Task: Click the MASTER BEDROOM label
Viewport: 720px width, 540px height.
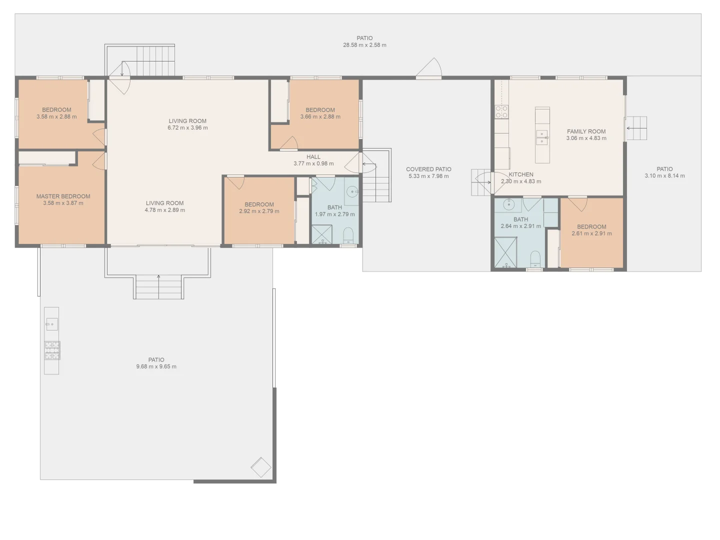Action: click(x=63, y=196)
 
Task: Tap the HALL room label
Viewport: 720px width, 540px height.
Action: click(x=313, y=157)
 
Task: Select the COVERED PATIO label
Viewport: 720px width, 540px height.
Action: click(x=428, y=169)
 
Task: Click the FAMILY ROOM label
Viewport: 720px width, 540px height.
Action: click(x=586, y=131)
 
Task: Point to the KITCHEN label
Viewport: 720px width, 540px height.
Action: click(x=521, y=174)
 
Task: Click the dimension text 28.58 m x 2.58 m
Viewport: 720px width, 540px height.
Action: click(x=364, y=45)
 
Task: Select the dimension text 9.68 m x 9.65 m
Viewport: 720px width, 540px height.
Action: click(x=156, y=366)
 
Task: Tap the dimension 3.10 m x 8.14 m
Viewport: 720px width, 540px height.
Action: click(x=664, y=176)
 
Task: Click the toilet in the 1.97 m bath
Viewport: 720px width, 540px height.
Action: click(x=348, y=235)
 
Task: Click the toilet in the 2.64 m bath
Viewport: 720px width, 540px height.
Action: click(x=535, y=259)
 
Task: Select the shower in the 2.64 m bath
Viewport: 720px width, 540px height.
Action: click(x=505, y=253)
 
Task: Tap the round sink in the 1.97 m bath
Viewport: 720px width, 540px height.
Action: click(x=353, y=191)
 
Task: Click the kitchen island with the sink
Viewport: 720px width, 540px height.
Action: click(x=542, y=135)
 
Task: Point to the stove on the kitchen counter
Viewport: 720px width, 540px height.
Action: click(x=501, y=112)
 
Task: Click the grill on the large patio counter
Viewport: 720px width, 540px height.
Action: click(x=52, y=350)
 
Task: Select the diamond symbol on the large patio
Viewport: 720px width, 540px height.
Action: click(x=260, y=468)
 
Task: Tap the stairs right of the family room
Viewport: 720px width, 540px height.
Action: click(x=636, y=128)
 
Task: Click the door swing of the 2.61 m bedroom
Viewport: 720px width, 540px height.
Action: click(x=577, y=204)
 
